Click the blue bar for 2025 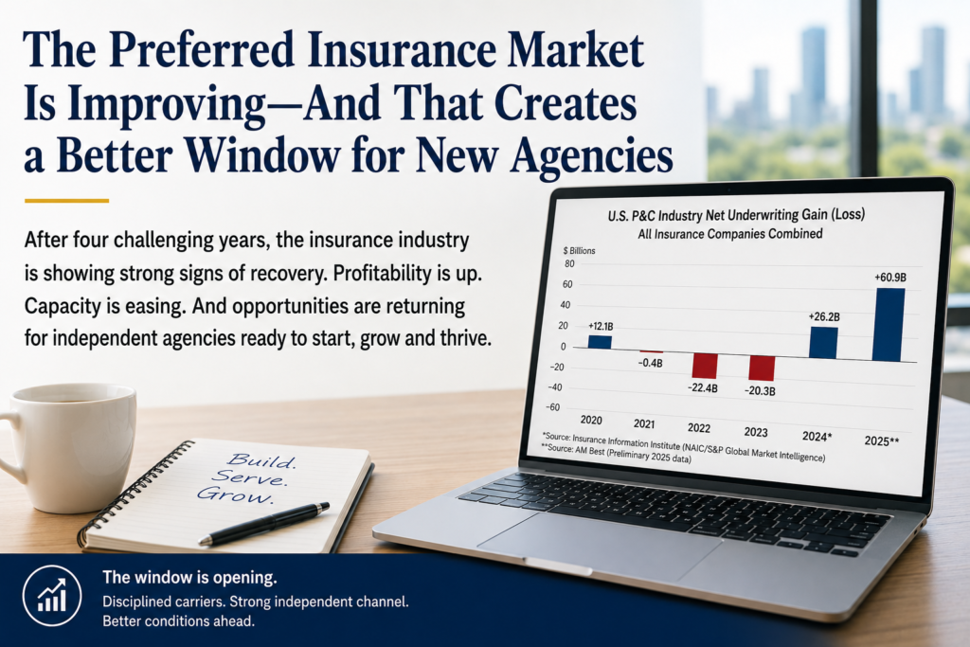pyautogui.click(x=889, y=325)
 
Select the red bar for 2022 pyautogui.click(x=704, y=366)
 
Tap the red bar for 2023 pyautogui.click(x=762, y=368)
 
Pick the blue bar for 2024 pyautogui.click(x=823, y=343)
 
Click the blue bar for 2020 pyautogui.click(x=600, y=342)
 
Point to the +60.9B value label pyautogui.click(x=890, y=278)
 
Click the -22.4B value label pyautogui.click(x=703, y=388)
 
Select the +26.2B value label pyautogui.click(x=824, y=316)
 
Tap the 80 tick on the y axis pyautogui.click(x=569, y=263)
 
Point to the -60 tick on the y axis pyautogui.click(x=552, y=407)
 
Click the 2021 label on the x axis pyautogui.click(x=644, y=423)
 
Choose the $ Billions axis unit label pyautogui.click(x=579, y=250)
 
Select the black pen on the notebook pyautogui.click(x=264, y=524)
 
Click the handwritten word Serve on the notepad pyautogui.click(x=249, y=477)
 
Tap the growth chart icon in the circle pyautogui.click(x=53, y=596)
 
